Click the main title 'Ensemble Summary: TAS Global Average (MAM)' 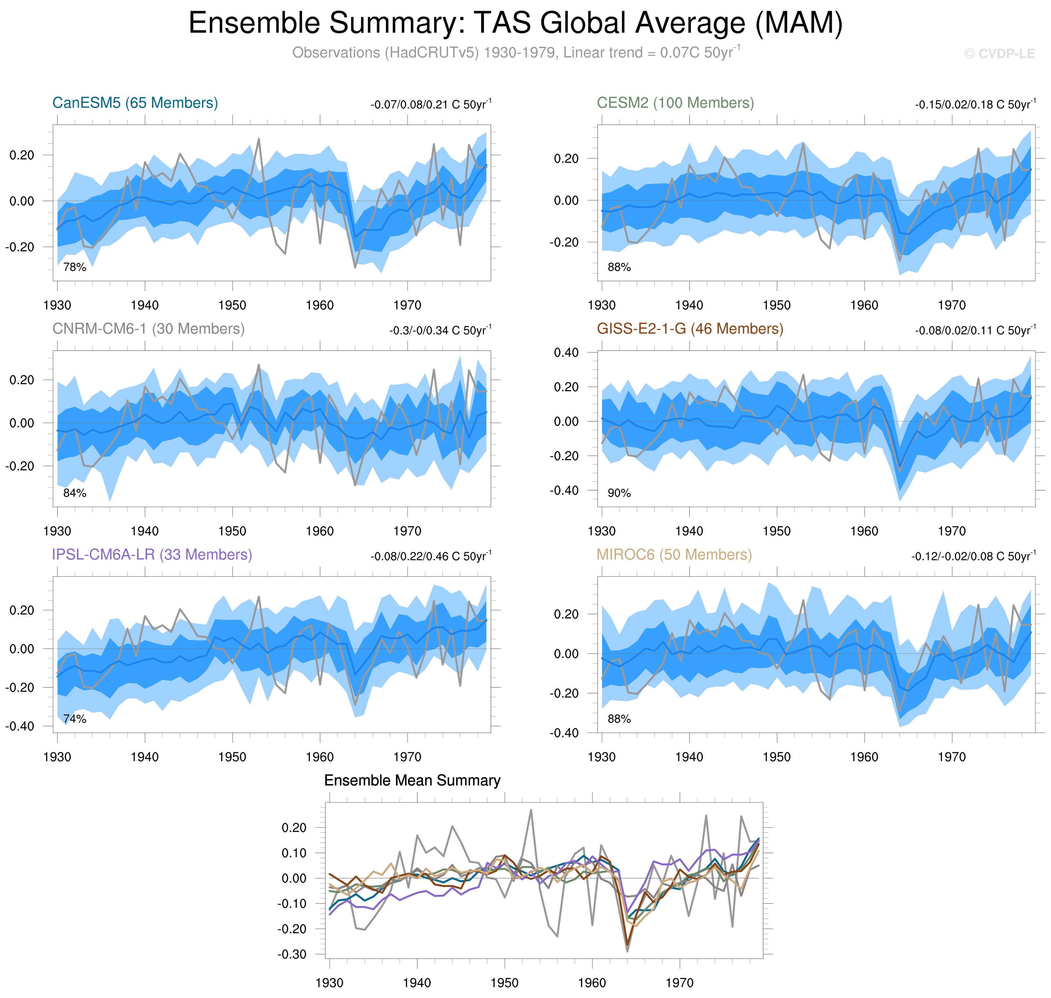click(x=515, y=24)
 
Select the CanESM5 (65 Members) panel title click(x=135, y=103)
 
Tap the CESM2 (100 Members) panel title click(x=675, y=103)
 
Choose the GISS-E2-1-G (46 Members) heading click(x=690, y=329)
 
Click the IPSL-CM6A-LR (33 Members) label click(x=152, y=554)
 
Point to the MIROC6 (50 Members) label click(x=674, y=554)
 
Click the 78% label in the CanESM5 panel click(x=75, y=267)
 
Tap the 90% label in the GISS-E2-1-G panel click(x=619, y=493)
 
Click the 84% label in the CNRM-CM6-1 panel click(x=75, y=493)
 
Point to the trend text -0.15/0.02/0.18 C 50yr click(x=975, y=104)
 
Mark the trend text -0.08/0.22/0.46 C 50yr click(x=430, y=556)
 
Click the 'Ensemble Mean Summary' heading click(x=412, y=780)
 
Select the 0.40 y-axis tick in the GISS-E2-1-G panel click(x=566, y=352)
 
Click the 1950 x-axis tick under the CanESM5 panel click(x=232, y=305)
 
